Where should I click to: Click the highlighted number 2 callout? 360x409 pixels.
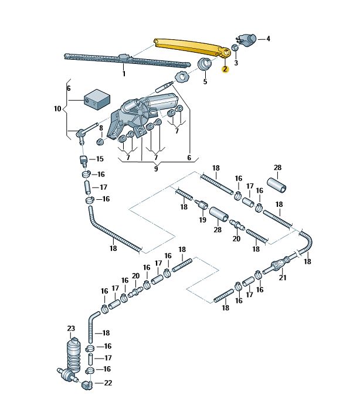click(x=225, y=69)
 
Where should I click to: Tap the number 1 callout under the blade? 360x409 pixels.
click(x=124, y=74)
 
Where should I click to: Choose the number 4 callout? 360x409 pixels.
click(x=268, y=39)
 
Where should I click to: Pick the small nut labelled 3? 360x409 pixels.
click(x=235, y=48)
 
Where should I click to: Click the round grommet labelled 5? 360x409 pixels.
click(x=205, y=64)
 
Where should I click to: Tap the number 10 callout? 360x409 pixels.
click(x=57, y=109)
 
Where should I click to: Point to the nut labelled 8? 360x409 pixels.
click(x=100, y=141)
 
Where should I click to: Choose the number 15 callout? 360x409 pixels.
click(x=99, y=159)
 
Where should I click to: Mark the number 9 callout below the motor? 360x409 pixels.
click(x=155, y=169)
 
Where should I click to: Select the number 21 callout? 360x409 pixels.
click(x=282, y=278)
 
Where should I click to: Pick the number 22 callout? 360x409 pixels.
click(x=107, y=383)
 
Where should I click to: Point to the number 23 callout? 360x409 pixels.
click(x=71, y=328)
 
